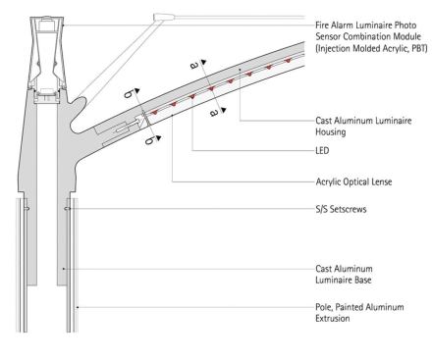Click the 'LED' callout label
322,151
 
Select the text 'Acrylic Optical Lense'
353,181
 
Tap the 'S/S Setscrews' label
341,209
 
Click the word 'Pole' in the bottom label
323,307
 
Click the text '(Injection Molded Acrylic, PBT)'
371,48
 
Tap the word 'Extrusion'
333,318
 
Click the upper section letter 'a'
194,66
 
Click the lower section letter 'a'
213,113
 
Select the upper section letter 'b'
129,94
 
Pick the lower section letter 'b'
149,140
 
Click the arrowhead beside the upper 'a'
204,62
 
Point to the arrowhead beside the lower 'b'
159,138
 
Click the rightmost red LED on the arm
288,60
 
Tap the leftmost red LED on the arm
154,112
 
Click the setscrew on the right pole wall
68,208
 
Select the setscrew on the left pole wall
27,208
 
